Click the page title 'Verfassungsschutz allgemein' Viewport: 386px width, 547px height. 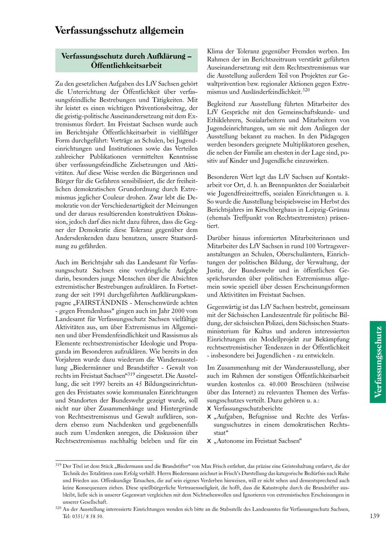119,31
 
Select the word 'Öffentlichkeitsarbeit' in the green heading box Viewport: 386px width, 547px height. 127,65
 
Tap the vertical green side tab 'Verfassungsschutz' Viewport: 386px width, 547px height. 378,362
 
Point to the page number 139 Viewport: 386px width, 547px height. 374,516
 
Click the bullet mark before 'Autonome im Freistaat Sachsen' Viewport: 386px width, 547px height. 209,441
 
